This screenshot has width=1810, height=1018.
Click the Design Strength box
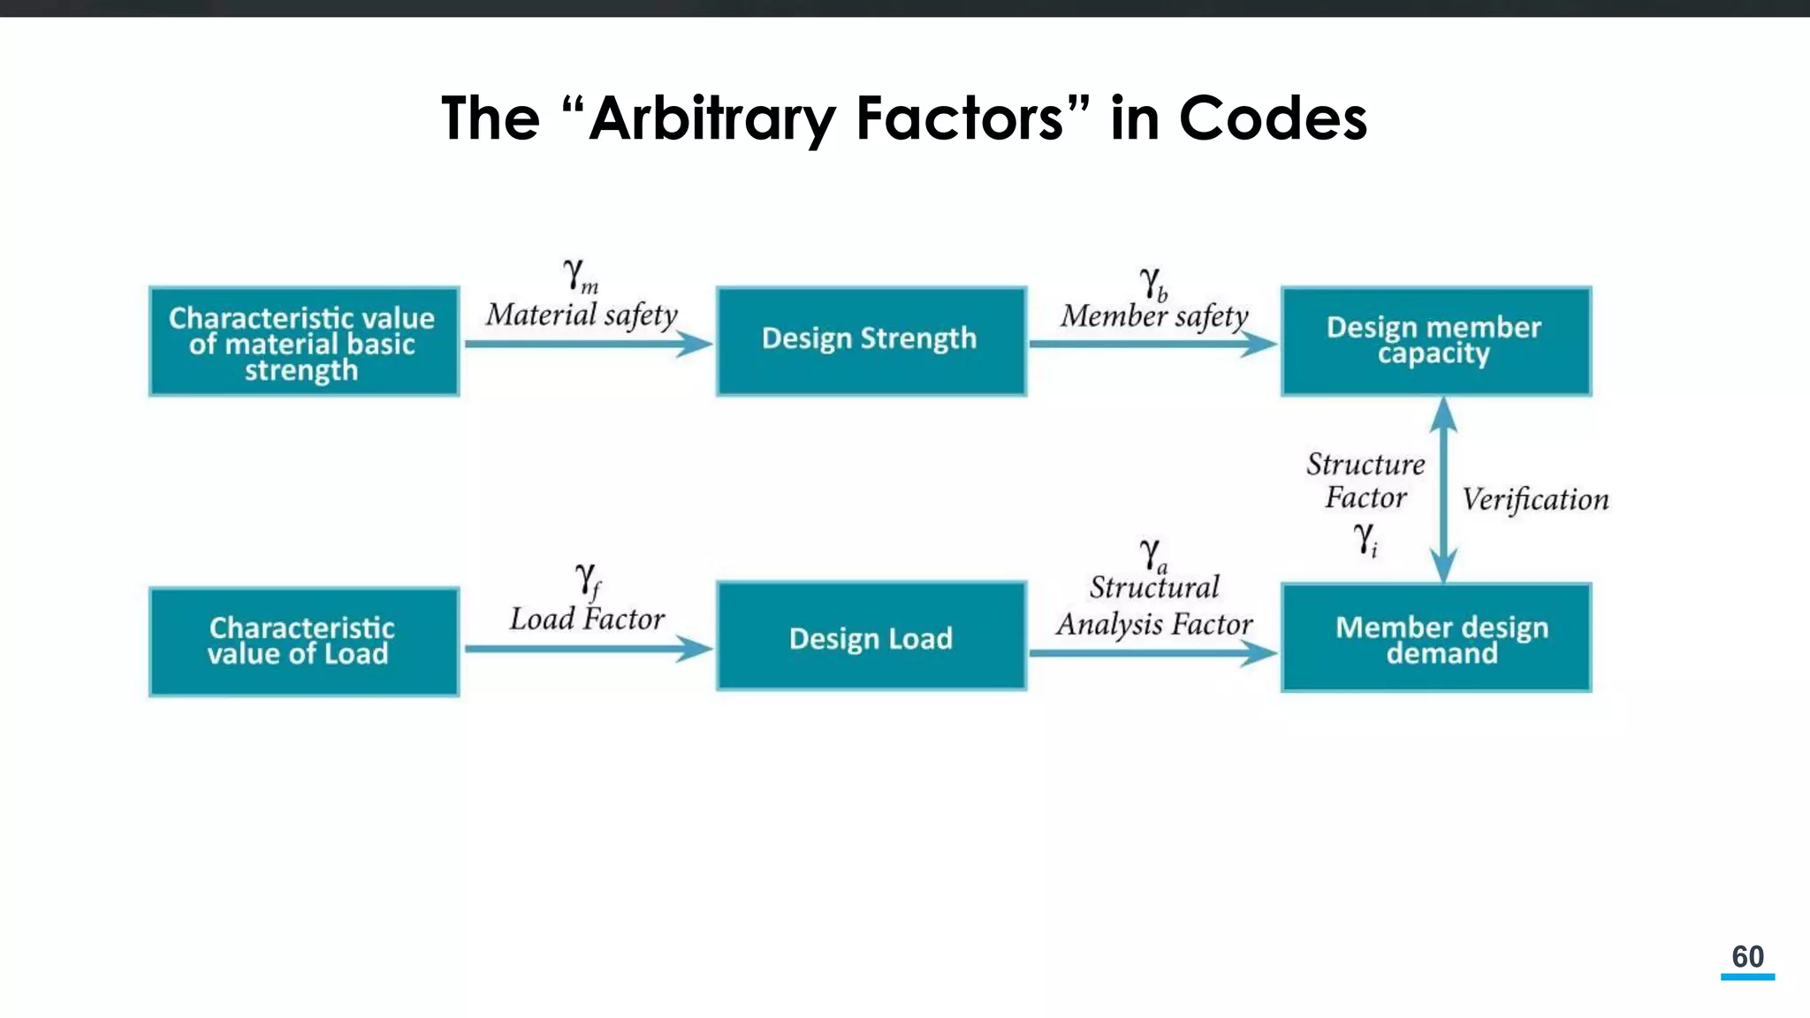pyautogui.click(x=871, y=340)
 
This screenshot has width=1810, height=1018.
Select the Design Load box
pyautogui.click(x=871, y=636)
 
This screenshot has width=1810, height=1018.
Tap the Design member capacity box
pyautogui.click(x=1435, y=340)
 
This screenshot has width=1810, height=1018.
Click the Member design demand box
pyautogui.click(x=1435, y=637)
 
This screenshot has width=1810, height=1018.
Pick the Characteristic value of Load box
pyautogui.click(x=304, y=642)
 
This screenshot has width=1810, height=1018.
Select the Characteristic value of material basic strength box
pyautogui.click(x=304, y=341)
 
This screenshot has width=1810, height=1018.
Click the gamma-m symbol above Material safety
pyautogui.click(x=580, y=276)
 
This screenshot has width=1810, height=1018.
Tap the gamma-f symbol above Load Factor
pyautogui.click(x=588, y=581)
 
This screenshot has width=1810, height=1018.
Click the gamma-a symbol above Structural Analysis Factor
pyautogui.click(x=1152, y=555)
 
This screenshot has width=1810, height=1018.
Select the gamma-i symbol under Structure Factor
pyautogui.click(x=1365, y=537)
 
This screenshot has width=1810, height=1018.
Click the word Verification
pyautogui.click(x=1535, y=499)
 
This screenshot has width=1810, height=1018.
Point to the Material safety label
pyautogui.click(x=582, y=315)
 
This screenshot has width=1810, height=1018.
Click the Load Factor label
pyautogui.click(x=587, y=619)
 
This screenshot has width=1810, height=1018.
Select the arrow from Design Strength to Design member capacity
pyautogui.click(x=1152, y=344)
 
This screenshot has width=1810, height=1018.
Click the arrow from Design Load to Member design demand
pyautogui.click(x=1152, y=653)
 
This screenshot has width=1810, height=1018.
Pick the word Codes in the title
pyautogui.click(x=1272, y=119)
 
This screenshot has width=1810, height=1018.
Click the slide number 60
pyautogui.click(x=1747, y=957)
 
